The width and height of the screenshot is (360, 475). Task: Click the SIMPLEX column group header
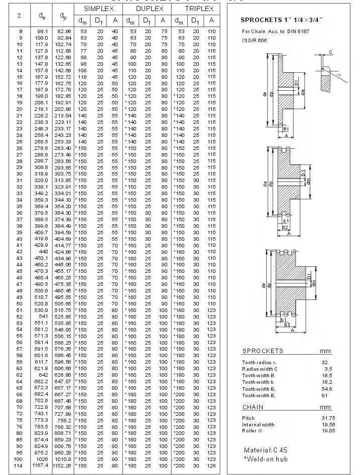click(98, 9)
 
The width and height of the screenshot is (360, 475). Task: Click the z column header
click(19, 16)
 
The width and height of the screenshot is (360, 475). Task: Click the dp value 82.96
click(63, 31)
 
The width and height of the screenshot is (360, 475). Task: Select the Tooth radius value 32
click(325, 362)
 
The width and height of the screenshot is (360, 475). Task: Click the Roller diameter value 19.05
click(327, 431)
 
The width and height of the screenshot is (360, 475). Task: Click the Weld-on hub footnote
click(267, 459)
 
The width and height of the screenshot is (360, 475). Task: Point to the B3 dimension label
click(286, 325)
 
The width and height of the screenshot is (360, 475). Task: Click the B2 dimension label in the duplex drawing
click(285, 227)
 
